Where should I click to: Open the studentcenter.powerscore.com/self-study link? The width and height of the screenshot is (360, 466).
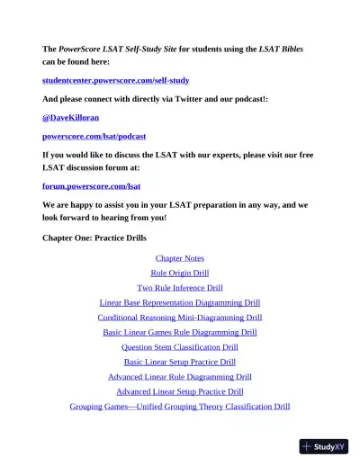[115, 80]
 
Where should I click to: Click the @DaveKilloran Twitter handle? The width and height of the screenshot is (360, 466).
[73, 117]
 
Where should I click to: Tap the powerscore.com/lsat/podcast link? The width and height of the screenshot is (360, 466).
[94, 136]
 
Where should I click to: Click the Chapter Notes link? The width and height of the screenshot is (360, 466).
[180, 258]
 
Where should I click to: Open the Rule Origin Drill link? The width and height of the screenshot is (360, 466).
[180, 273]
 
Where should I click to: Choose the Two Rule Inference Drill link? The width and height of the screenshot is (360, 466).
[180, 288]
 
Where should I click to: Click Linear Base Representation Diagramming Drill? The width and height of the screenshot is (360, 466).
[180, 302]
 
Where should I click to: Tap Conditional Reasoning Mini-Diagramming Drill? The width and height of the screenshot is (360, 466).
[180, 318]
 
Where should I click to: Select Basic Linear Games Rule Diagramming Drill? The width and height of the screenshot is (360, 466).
[180, 332]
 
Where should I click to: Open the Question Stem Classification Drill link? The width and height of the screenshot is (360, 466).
[180, 346]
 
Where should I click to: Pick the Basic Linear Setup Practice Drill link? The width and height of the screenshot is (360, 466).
[180, 362]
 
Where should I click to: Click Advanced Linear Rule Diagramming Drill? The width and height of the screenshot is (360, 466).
[180, 377]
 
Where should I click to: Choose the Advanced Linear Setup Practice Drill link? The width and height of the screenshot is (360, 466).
[180, 391]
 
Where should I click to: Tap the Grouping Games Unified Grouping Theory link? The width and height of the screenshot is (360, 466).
[180, 407]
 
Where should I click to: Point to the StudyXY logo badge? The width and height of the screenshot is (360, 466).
[323, 446]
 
